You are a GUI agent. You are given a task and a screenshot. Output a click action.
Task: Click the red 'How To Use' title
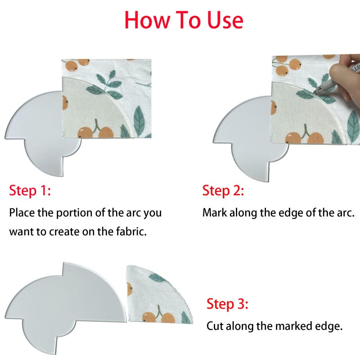pyautogui.click(x=184, y=20)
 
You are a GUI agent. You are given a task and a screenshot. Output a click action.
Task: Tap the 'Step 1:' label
pyautogui.click(x=30, y=190)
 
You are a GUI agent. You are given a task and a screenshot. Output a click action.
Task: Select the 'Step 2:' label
pyautogui.click(x=223, y=190)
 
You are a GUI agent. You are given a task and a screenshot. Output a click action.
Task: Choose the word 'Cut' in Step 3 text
pyautogui.click(x=215, y=326)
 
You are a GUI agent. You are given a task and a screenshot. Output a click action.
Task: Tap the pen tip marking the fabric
pyautogui.click(x=314, y=93)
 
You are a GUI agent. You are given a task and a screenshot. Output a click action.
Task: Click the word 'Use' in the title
pyautogui.click(x=225, y=20)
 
